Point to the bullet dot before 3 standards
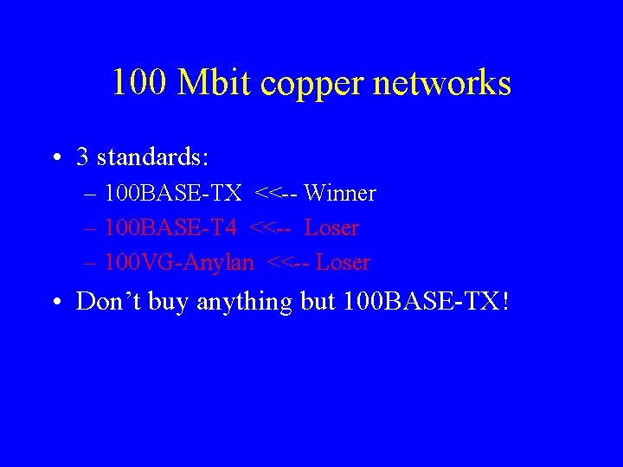pos(56,158)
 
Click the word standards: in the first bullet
pos(154,157)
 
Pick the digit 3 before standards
pos(82,157)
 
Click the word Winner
pos(340,194)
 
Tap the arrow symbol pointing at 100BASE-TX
pos(276,194)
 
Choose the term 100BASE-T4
pos(170,228)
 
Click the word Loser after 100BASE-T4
pos(331,228)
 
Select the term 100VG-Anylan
pos(179,262)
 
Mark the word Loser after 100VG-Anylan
pos(343,262)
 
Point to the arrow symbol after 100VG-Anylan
pos(288,262)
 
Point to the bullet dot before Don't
pos(56,302)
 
